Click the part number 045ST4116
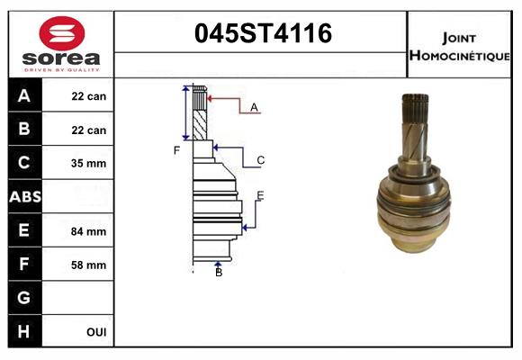coord(264,34)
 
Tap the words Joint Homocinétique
coord(460,46)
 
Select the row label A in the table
coord(23,96)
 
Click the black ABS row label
coord(23,197)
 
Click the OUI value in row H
coord(95,332)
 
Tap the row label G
coord(23,298)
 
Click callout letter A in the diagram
coord(254,107)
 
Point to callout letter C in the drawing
coord(260,160)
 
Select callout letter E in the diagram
coord(260,195)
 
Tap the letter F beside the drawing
coord(177,149)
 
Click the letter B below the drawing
coord(219,273)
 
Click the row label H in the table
coord(23,331)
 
